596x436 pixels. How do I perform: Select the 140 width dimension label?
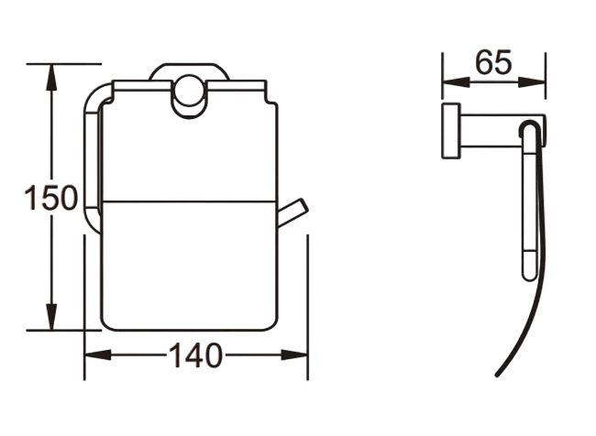click(x=193, y=355)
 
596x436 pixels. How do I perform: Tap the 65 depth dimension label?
click(x=493, y=62)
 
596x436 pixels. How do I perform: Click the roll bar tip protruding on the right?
click(x=293, y=212)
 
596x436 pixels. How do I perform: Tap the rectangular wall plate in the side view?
click(x=452, y=132)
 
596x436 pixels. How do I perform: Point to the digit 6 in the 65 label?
click(x=483, y=62)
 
